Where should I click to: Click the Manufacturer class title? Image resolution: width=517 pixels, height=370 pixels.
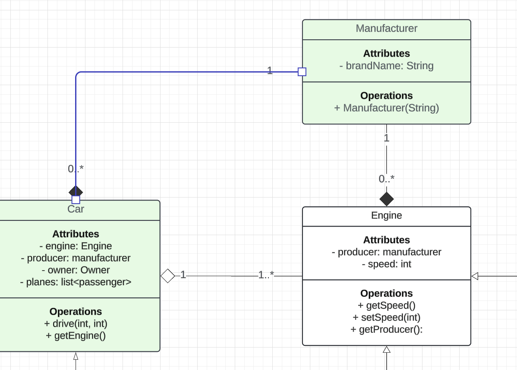point(386,29)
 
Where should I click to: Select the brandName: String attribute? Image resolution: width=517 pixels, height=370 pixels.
point(386,66)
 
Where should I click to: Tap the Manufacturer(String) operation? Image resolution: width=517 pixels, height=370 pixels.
point(386,108)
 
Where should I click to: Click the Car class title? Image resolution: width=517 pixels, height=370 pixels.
point(76,210)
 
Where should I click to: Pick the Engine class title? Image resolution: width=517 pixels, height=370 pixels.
point(386,216)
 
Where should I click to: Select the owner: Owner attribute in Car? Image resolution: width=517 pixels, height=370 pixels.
point(76,270)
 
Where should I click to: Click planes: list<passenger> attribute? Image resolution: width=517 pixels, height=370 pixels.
point(76,282)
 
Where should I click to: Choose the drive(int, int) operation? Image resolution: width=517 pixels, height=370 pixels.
point(76,323)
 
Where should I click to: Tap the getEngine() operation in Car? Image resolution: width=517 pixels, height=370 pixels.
point(76,335)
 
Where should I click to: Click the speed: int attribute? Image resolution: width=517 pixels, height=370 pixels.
point(386,264)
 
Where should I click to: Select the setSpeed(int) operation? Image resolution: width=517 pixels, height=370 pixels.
point(386,317)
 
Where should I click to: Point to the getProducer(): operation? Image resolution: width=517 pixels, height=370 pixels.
point(386,329)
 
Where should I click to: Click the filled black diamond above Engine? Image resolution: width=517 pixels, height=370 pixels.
point(387,199)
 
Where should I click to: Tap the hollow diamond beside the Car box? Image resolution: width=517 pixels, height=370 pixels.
point(167,275)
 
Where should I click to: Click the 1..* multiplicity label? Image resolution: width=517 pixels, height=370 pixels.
point(266,274)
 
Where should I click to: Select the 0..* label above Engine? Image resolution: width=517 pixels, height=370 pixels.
point(387,179)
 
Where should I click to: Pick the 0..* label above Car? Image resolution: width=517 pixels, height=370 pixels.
point(76,169)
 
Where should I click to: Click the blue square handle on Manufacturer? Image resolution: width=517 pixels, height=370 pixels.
point(302,72)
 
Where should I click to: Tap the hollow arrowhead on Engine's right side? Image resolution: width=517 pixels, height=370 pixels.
point(475,276)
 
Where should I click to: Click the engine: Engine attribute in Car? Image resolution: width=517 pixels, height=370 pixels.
point(76,246)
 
